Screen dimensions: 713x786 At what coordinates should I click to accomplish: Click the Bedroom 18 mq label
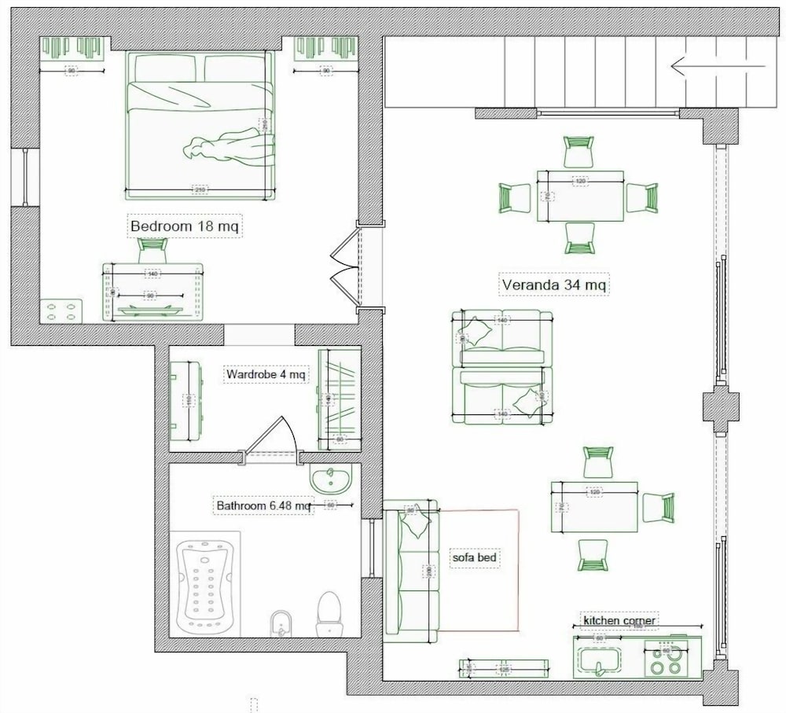[x=185, y=226]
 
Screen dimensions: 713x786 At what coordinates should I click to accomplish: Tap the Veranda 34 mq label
[x=554, y=285]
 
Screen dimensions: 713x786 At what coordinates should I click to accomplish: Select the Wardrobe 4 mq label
[x=265, y=374]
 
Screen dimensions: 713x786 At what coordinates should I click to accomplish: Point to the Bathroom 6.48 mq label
[x=264, y=506]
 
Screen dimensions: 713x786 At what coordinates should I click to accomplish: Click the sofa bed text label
[x=476, y=557]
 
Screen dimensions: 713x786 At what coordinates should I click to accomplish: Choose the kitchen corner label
[x=619, y=620]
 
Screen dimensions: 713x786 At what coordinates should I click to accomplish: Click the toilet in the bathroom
[x=329, y=614]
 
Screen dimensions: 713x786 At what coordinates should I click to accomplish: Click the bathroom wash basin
[x=330, y=477]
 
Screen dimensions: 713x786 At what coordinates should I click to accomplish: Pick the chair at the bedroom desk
[x=152, y=250]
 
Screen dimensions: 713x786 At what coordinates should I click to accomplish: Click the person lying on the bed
[x=230, y=147]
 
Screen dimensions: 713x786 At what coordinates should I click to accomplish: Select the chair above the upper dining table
[x=579, y=151]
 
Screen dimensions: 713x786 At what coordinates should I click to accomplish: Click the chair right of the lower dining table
[x=658, y=507]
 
